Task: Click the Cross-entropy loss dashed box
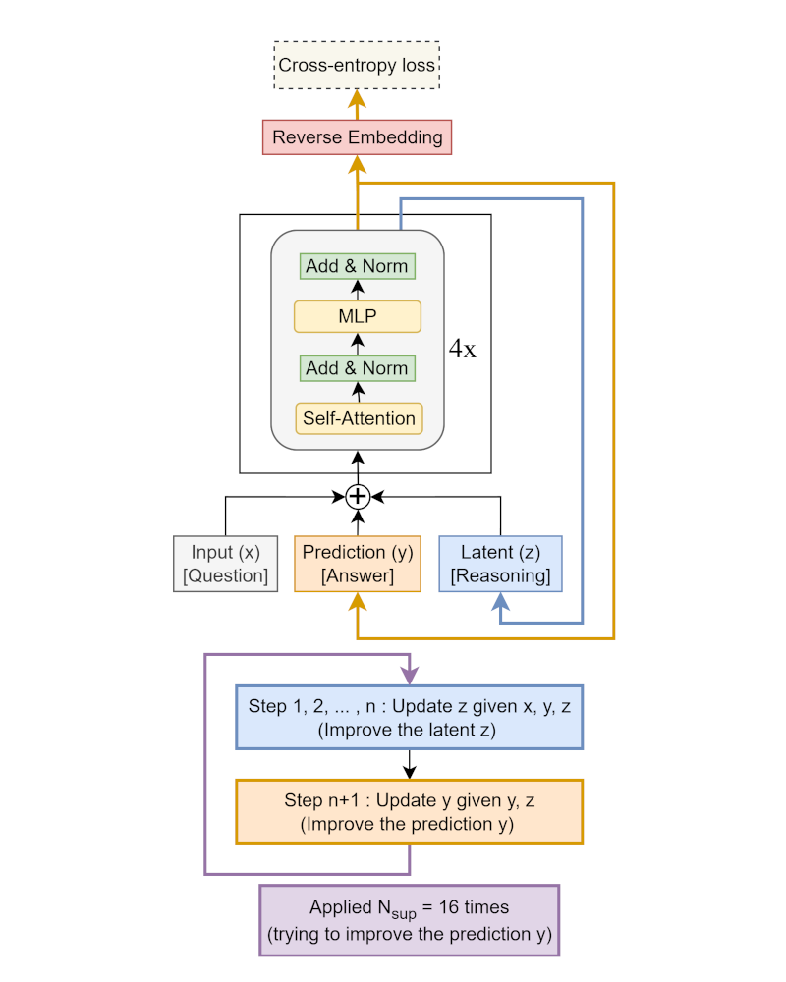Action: coord(357,66)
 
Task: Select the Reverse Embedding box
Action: coord(357,137)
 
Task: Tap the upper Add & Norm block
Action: coord(357,266)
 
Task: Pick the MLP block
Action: coord(357,317)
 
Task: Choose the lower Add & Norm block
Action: coord(357,368)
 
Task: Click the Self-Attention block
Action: coord(359,418)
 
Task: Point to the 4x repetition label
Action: coord(463,350)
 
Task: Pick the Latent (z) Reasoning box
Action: coord(500,564)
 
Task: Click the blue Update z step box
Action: coord(409,718)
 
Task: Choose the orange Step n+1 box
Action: coord(409,811)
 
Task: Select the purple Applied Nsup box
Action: coord(409,920)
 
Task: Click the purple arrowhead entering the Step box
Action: coord(409,678)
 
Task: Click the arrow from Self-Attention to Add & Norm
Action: coord(358,393)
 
